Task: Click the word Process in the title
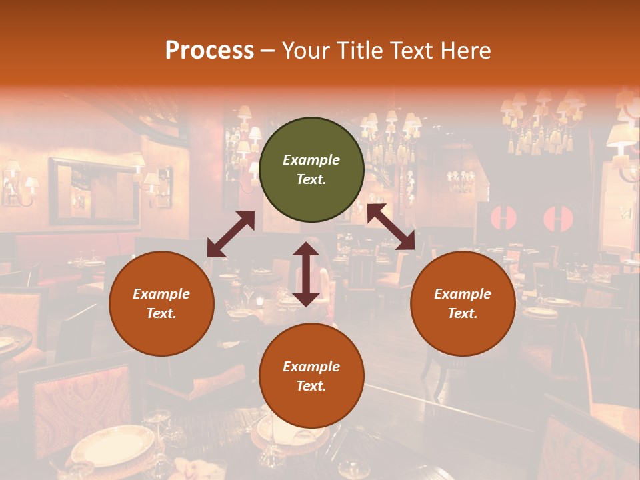click(x=209, y=51)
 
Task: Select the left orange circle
click(x=161, y=303)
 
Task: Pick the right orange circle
click(x=463, y=303)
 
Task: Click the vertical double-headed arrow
click(x=306, y=274)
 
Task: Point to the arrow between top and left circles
click(x=231, y=234)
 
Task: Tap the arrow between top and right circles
click(x=391, y=227)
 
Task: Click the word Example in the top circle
click(x=311, y=160)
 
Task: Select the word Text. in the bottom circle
click(x=311, y=386)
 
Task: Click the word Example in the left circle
click(x=161, y=294)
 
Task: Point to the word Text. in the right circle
click(x=463, y=313)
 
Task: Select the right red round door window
click(x=558, y=219)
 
